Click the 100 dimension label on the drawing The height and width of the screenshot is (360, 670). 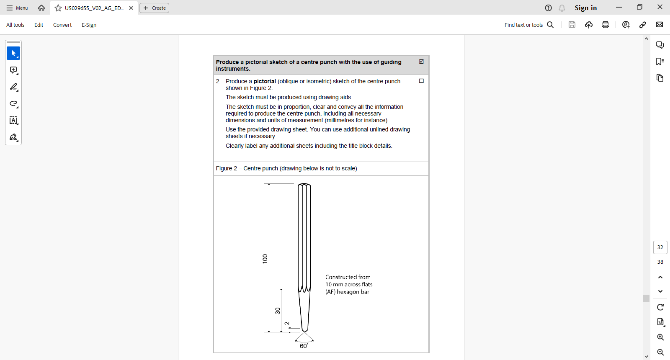[x=265, y=259]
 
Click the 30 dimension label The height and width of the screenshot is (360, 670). [x=277, y=311]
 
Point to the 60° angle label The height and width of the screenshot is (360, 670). [x=304, y=346]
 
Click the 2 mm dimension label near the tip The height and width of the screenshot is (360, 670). [x=287, y=323]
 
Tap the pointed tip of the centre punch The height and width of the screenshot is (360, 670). [x=304, y=332]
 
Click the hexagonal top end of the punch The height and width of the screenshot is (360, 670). [x=304, y=185]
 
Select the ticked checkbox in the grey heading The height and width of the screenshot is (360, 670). [x=421, y=62]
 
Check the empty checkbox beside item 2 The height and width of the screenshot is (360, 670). [x=421, y=81]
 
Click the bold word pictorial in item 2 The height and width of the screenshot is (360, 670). [x=265, y=81]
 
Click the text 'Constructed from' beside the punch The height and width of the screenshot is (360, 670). [x=348, y=277]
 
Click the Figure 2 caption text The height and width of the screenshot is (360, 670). [x=286, y=168]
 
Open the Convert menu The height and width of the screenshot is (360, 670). [x=62, y=25]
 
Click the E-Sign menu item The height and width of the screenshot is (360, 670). [x=89, y=25]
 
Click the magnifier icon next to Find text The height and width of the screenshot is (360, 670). [x=550, y=25]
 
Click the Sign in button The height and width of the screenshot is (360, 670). [x=585, y=8]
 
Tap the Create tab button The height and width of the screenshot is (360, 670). [x=155, y=8]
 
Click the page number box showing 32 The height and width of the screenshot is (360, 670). [x=660, y=247]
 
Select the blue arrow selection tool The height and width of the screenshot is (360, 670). [x=13, y=53]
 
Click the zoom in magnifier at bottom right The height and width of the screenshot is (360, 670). [x=660, y=337]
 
